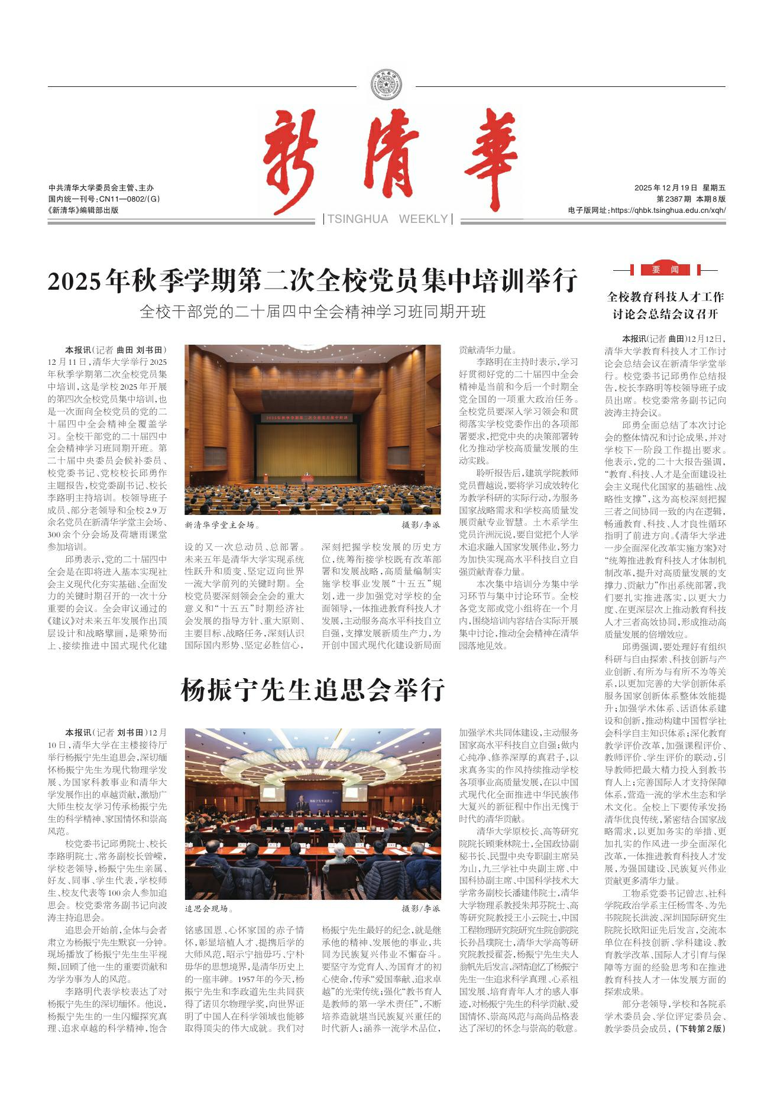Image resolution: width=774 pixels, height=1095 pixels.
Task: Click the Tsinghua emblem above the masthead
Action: coord(386,85)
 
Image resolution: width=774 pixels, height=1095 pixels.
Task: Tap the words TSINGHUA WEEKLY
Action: coord(388,219)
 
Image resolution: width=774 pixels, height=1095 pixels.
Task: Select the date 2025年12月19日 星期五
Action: coord(679,188)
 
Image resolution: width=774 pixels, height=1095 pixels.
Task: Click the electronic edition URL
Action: coord(666,210)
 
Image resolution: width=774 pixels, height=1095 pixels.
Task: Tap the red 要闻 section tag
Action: coord(666,270)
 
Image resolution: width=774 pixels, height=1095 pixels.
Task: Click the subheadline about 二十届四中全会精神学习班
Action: coord(312,312)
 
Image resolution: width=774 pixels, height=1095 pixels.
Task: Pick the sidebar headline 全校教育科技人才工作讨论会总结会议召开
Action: coord(665,305)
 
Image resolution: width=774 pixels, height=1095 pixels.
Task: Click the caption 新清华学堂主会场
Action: coord(222,524)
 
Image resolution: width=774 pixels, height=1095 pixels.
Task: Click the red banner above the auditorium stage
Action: coord(307,417)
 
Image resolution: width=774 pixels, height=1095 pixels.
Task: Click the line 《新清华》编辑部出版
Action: coord(83,209)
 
